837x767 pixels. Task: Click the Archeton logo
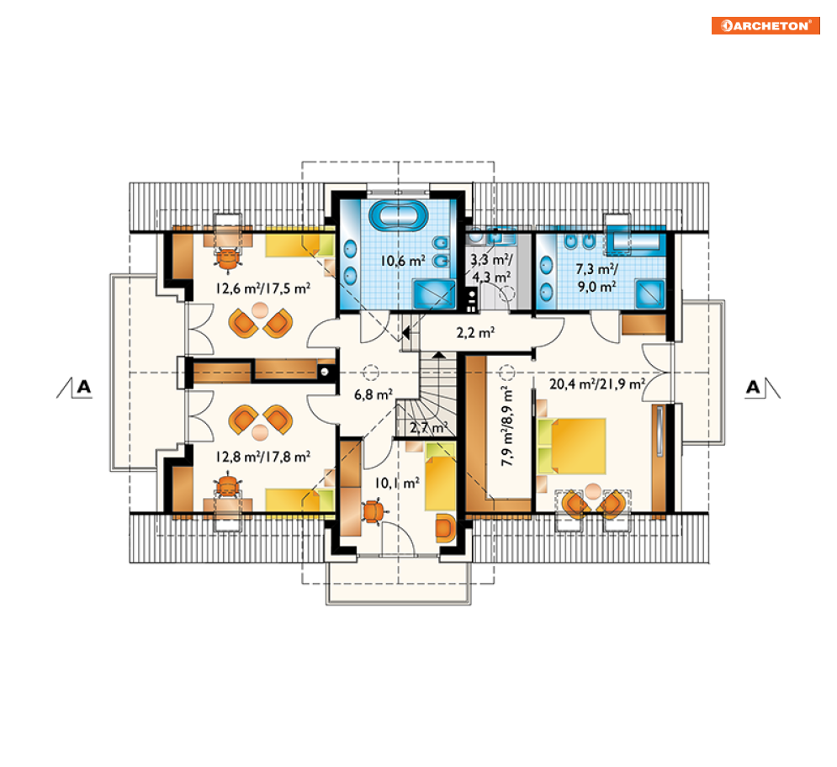point(765,25)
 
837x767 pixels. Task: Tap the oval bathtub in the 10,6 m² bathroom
point(398,215)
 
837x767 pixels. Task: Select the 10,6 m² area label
point(403,261)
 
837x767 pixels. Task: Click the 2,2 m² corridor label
point(475,333)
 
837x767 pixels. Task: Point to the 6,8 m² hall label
point(373,395)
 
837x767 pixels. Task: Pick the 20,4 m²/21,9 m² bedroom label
point(597,383)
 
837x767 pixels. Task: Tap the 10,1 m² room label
point(396,484)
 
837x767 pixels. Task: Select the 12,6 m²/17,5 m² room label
point(262,288)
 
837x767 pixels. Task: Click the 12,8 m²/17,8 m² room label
point(262,458)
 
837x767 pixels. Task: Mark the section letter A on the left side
point(84,387)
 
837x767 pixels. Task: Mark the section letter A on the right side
point(753,387)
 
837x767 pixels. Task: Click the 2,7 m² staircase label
point(428,427)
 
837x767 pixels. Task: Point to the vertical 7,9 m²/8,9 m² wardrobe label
point(507,426)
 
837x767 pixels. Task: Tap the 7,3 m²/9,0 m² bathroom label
point(596,278)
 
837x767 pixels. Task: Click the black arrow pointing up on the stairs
point(438,354)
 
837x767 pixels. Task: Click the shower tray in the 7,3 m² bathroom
point(649,294)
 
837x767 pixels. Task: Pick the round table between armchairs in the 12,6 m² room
point(260,310)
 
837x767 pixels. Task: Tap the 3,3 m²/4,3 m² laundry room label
point(491,268)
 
